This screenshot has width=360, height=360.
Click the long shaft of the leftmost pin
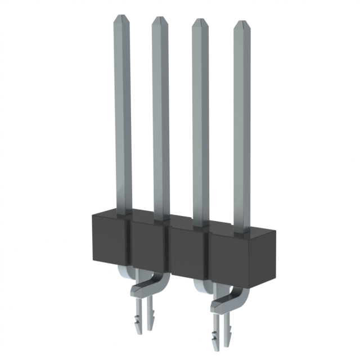[122, 112]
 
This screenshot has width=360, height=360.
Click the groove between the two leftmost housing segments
[130, 242]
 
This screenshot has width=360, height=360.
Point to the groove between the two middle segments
[169, 247]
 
